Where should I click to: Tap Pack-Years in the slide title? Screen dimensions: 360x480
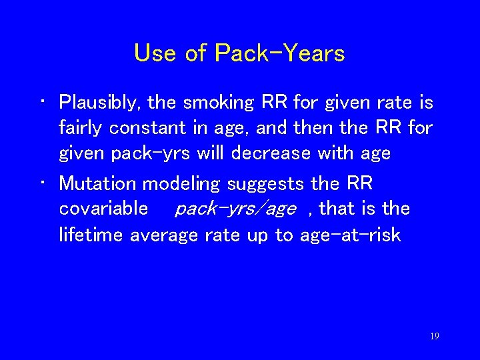(280, 53)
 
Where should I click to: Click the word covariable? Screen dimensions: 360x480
(103, 209)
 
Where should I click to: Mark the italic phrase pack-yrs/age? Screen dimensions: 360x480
(235, 209)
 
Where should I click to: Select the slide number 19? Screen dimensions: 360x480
(434, 337)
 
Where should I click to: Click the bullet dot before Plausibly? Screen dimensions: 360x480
(43, 103)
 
